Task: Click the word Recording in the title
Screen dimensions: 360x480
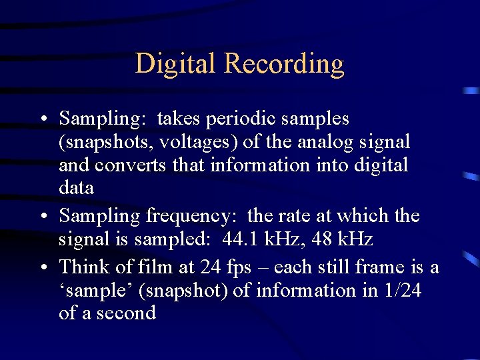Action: click(x=284, y=64)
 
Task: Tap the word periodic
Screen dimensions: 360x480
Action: click(x=239, y=119)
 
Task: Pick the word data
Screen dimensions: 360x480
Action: click(x=76, y=188)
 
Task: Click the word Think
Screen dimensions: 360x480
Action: click(x=83, y=267)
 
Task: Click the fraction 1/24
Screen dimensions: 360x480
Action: click(x=399, y=291)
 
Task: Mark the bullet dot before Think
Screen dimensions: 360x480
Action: click(x=43, y=268)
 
